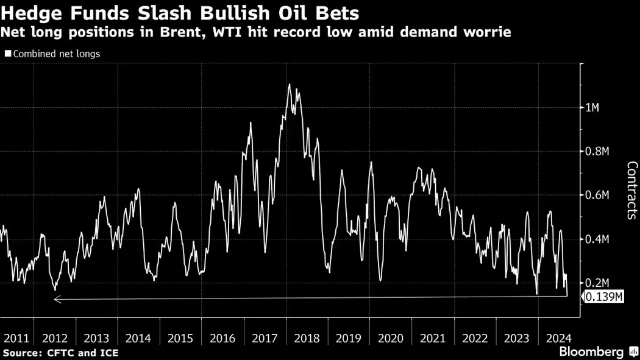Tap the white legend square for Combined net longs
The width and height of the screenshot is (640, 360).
8,54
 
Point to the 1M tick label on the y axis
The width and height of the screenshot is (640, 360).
592,108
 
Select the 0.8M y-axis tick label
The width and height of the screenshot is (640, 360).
597,152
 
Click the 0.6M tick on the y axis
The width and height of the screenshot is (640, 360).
597,195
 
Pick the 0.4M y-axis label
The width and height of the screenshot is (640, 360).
597,239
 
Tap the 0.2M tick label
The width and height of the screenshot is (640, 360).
597,283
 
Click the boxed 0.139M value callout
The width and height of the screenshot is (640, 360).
604,297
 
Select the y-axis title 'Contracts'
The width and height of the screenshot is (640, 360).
631,190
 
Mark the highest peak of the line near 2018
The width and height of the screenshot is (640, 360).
289,84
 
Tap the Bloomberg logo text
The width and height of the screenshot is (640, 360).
591,351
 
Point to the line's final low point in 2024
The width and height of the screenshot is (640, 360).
567,295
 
